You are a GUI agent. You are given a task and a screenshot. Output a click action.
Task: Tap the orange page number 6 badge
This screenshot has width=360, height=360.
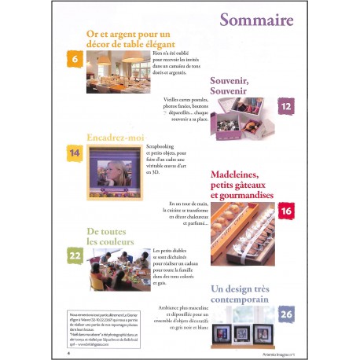(x=75, y=59)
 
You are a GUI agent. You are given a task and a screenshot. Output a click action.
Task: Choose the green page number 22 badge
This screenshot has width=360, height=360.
(x=75, y=256)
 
